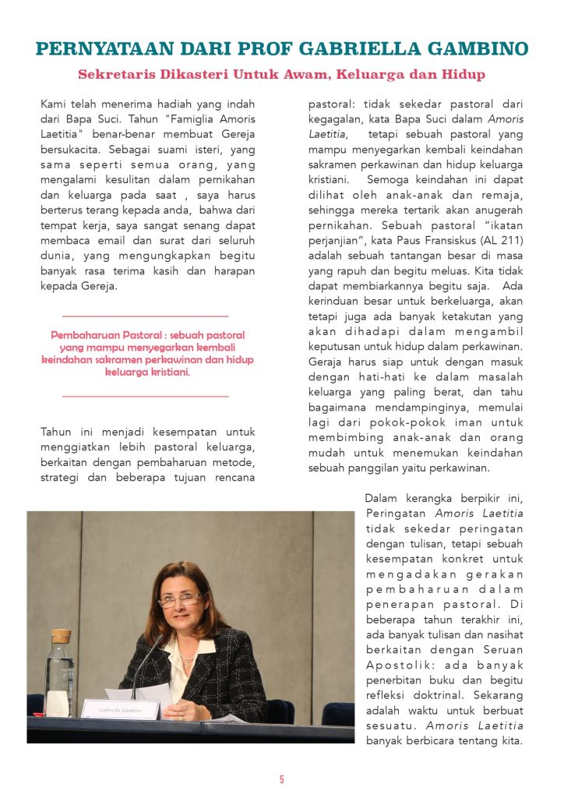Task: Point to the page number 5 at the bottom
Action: click(282, 779)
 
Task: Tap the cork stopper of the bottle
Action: click(61, 636)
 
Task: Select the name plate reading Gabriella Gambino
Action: click(120, 708)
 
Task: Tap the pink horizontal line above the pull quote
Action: click(145, 316)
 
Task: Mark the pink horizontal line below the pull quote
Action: click(145, 397)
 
